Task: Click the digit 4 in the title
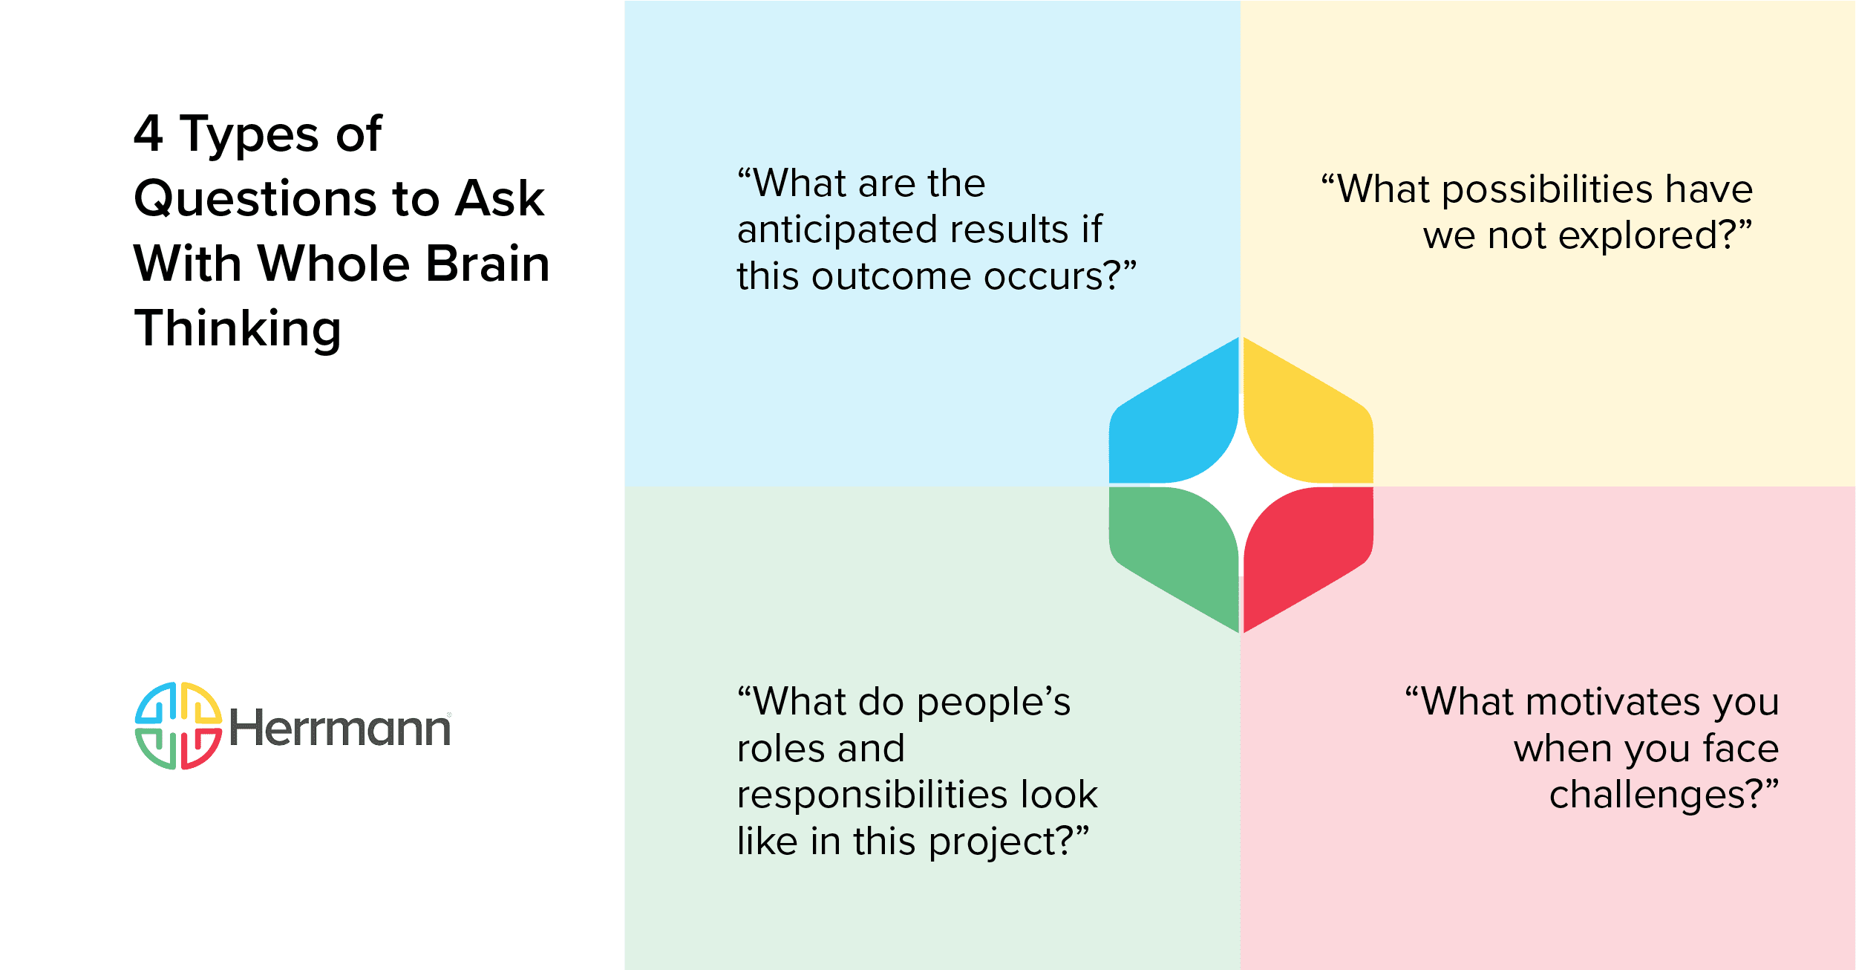tap(148, 134)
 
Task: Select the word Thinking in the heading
tap(238, 329)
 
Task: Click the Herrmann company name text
tap(339, 728)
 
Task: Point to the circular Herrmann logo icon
tap(178, 726)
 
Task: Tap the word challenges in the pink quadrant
tap(1656, 795)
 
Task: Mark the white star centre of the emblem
tap(1241, 485)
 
